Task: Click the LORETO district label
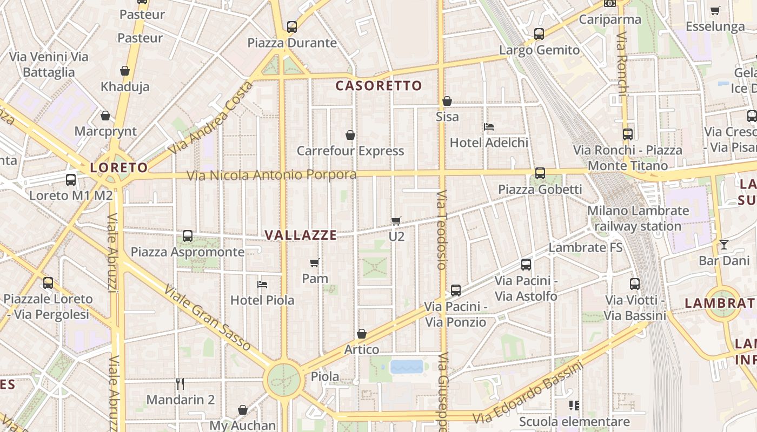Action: (119, 167)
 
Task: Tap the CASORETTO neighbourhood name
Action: (378, 85)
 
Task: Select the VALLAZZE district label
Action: (301, 235)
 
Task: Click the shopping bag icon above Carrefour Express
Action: (350, 135)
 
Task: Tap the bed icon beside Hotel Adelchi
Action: (489, 127)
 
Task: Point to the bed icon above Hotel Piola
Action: (262, 284)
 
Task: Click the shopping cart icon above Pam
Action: (315, 263)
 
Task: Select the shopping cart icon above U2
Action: (396, 221)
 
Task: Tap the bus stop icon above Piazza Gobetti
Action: (540, 173)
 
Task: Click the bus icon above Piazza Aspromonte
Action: (188, 236)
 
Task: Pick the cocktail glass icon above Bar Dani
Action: (723, 245)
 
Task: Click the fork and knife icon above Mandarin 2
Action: (181, 384)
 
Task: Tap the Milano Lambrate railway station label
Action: (638, 218)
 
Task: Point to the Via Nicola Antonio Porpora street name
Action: (271, 175)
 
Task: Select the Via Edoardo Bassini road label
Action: (528, 393)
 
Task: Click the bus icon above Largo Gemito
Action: (539, 34)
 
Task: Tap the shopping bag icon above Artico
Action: (362, 334)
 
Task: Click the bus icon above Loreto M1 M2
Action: (71, 180)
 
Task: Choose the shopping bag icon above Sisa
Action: (447, 101)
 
